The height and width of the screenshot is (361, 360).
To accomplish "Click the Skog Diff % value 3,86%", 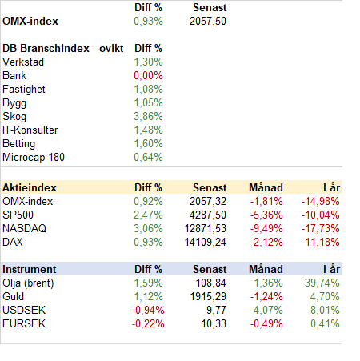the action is pyautogui.click(x=148, y=117).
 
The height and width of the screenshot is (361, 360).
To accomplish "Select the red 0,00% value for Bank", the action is pyautogui.click(x=148, y=76).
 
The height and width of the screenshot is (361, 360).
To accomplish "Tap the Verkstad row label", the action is pyautogui.click(x=23, y=62).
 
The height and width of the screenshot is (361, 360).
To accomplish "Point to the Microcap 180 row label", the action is pyautogui.click(x=34, y=158).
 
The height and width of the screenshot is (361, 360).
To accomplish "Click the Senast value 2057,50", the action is pyautogui.click(x=208, y=22).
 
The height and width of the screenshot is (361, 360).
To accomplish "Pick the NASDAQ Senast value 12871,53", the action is pyautogui.click(x=206, y=229).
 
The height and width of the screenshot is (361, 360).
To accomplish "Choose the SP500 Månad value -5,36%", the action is pyautogui.click(x=266, y=215).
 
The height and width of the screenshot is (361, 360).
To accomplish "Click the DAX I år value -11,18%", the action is pyautogui.click(x=321, y=243).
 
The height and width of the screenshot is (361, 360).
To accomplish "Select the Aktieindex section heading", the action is pyautogui.click(x=30, y=188).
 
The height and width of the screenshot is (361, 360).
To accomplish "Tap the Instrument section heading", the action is pyautogui.click(x=30, y=270).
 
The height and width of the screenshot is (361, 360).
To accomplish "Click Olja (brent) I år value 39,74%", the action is pyautogui.click(x=322, y=283).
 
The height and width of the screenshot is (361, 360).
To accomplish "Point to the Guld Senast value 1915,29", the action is pyautogui.click(x=208, y=297).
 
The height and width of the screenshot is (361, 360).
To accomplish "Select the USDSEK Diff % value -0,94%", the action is pyautogui.click(x=148, y=311).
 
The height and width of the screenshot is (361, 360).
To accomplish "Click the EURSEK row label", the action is pyautogui.click(x=24, y=324).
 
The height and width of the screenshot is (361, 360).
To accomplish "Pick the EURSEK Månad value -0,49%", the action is pyautogui.click(x=266, y=324).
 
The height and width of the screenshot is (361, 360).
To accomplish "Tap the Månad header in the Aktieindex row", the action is pyautogui.click(x=266, y=188).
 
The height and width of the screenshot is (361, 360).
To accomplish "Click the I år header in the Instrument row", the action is pyautogui.click(x=331, y=270).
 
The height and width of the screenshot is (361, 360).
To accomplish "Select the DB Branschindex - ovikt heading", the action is pyautogui.click(x=63, y=49).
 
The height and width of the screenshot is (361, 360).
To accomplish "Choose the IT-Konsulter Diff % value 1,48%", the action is pyautogui.click(x=148, y=130).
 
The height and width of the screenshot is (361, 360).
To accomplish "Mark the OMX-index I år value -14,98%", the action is pyautogui.click(x=321, y=202).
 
